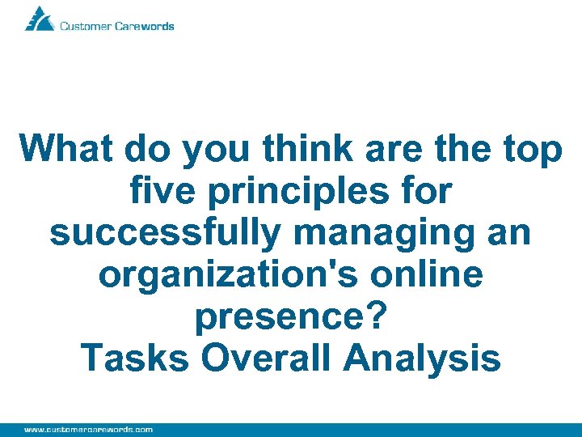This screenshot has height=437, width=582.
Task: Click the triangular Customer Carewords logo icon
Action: pyautogui.click(x=40, y=19)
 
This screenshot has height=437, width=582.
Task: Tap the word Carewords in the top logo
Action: pyautogui.click(x=145, y=26)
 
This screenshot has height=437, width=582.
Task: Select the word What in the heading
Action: pyautogui.click(x=68, y=150)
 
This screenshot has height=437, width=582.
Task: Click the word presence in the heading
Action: pyautogui.click(x=279, y=318)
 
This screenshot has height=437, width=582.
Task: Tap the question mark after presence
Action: pyautogui.click(x=373, y=316)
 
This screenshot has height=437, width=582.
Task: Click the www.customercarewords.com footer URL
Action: pyautogui.click(x=88, y=429)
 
